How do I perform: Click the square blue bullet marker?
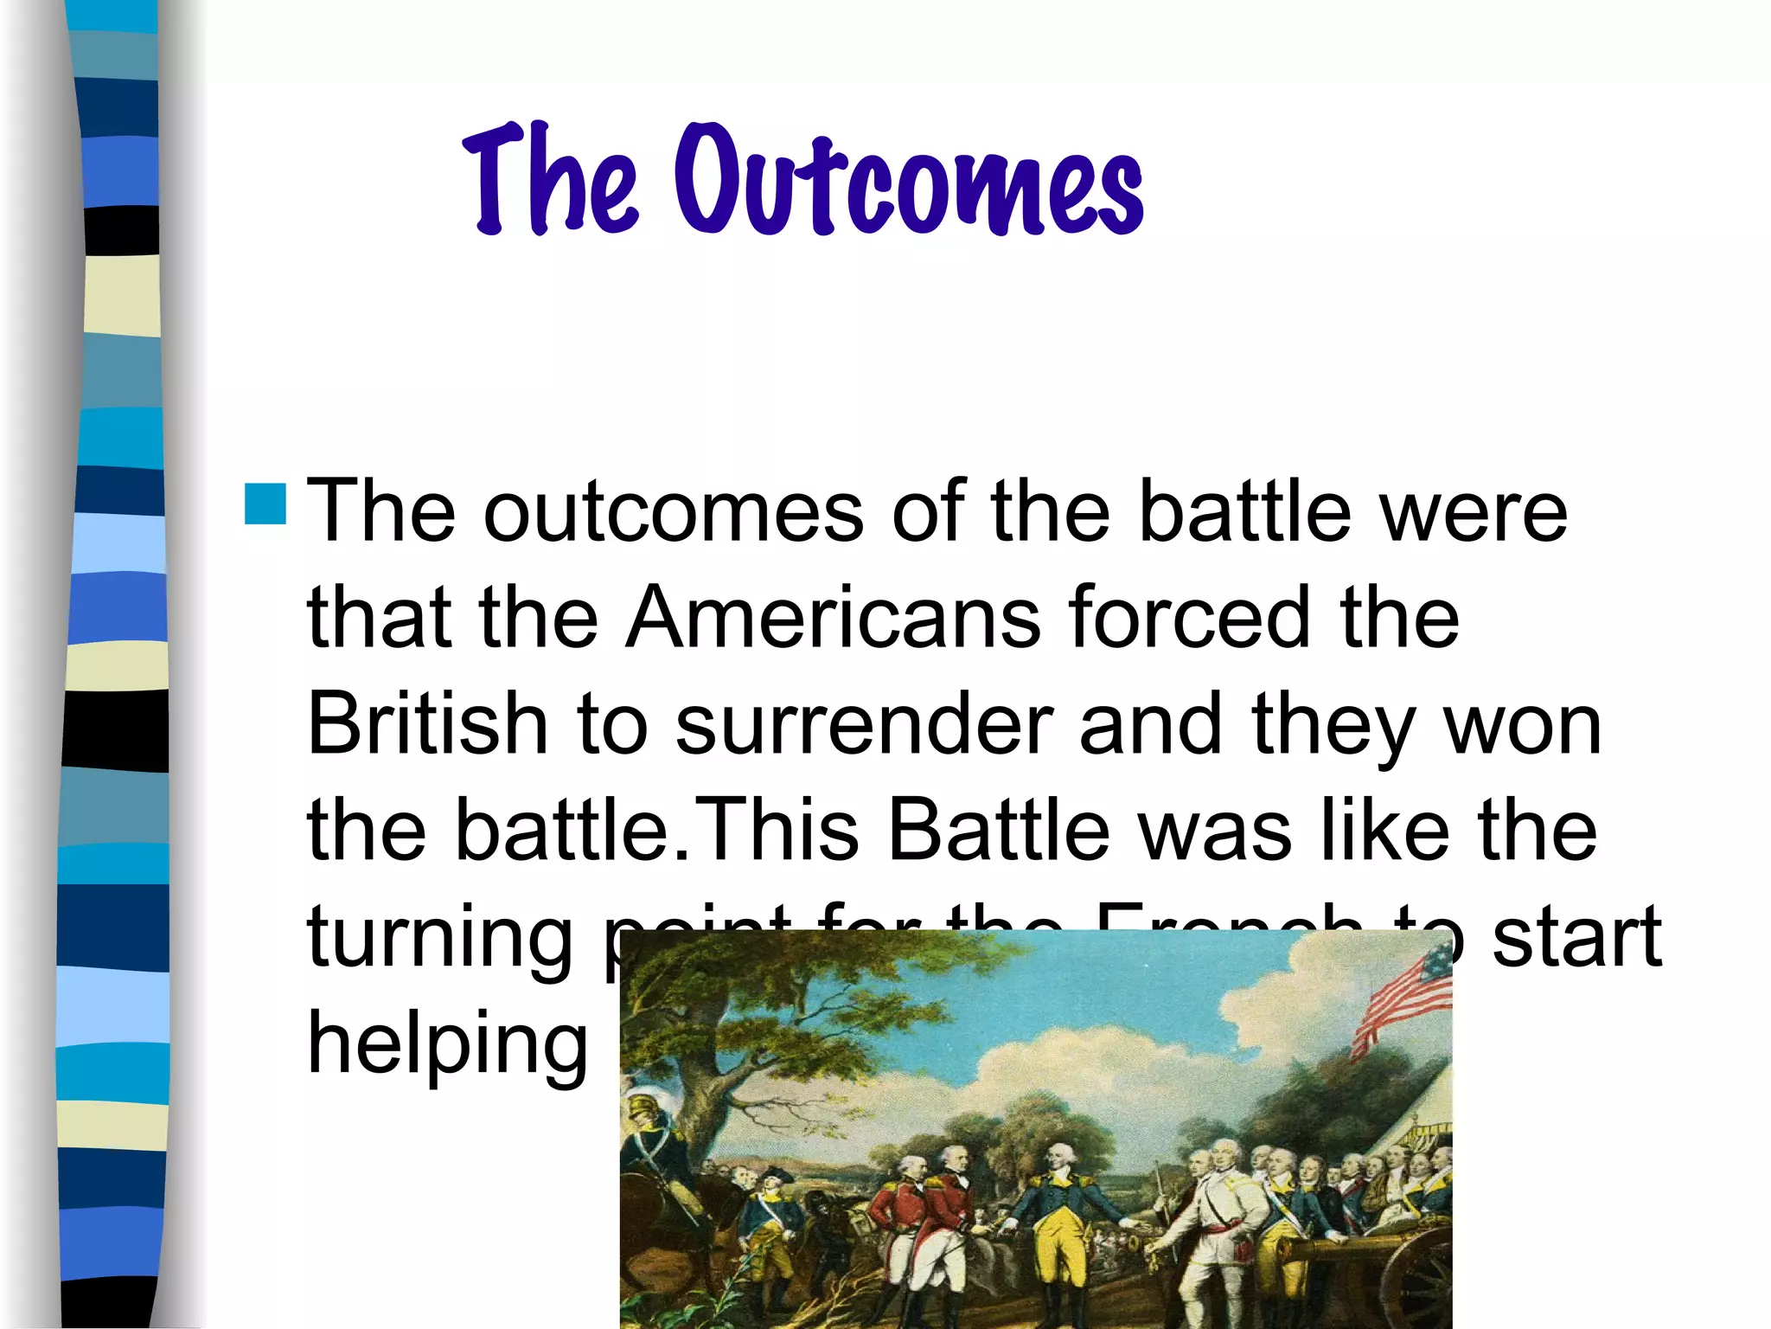(x=265, y=504)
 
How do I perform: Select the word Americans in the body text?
(x=834, y=618)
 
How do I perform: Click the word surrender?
(x=864, y=725)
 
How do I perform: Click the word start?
(x=1576, y=936)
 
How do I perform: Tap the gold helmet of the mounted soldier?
(x=643, y=1107)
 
